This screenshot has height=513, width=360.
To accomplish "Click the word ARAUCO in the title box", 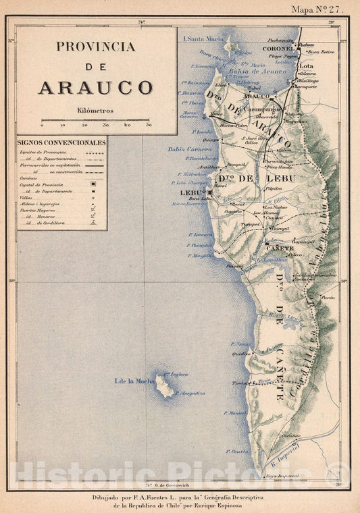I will [x=95, y=87].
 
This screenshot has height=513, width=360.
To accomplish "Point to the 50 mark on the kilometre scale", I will [x=148, y=126].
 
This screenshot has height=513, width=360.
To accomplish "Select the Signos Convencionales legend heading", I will [x=61, y=143].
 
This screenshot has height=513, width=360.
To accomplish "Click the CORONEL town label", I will [x=280, y=49].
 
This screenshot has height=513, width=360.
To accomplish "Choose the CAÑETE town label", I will [x=282, y=248].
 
